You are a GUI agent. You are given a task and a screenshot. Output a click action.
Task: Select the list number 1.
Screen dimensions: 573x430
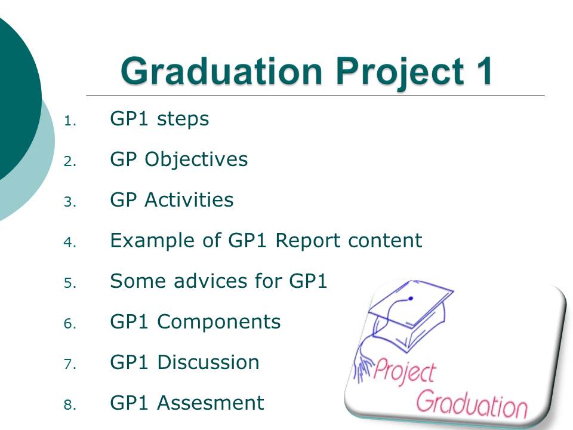pos(70,121)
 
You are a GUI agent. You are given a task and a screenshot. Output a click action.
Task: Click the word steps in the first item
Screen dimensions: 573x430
pos(183,119)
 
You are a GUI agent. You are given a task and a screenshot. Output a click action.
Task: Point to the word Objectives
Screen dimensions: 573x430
pos(196,160)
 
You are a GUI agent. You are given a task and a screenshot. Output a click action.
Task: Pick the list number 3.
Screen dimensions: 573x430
pos(70,202)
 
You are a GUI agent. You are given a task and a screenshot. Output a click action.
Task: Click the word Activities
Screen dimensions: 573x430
pos(189,200)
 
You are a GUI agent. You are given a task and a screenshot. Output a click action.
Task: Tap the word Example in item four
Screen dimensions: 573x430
pos(165,241)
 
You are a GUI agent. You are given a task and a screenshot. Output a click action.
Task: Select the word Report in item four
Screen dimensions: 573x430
pos(309,241)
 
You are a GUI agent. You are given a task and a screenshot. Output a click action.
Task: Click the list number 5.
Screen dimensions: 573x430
pos(70,283)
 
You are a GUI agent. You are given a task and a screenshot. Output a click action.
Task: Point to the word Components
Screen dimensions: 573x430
pos(219,322)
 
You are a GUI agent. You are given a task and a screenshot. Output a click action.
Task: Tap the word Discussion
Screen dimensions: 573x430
pos(208,363)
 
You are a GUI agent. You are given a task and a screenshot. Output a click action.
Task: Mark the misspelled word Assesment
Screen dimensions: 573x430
pos(211,403)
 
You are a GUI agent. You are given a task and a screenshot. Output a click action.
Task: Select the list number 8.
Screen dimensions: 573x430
pos(70,405)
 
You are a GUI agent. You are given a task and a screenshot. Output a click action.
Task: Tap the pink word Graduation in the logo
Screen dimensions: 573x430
pos(472,404)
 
